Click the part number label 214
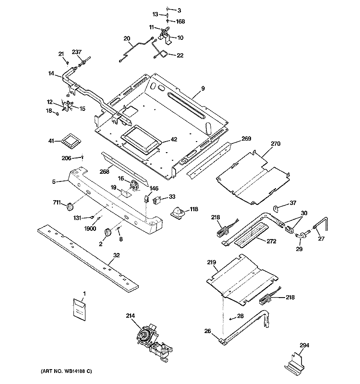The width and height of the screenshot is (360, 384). pos(130,316)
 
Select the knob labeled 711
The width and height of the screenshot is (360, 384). pos(70,206)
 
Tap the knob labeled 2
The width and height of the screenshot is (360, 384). pos(108,232)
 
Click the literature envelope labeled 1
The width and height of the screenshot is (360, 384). pos(79,309)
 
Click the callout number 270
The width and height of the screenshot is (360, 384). pos(275,144)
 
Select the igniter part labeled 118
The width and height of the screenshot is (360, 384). pos(178,212)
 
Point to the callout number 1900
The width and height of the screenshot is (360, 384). pos(90,228)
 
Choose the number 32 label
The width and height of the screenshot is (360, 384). pos(116,255)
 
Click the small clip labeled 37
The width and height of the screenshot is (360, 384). pos(276,209)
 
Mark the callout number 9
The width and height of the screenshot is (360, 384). pos(203,88)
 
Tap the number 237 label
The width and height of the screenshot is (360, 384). pos(77,52)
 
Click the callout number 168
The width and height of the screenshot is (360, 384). pos(180,22)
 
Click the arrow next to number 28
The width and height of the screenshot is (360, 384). pos(232,318)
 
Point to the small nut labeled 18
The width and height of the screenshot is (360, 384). pos(57,114)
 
